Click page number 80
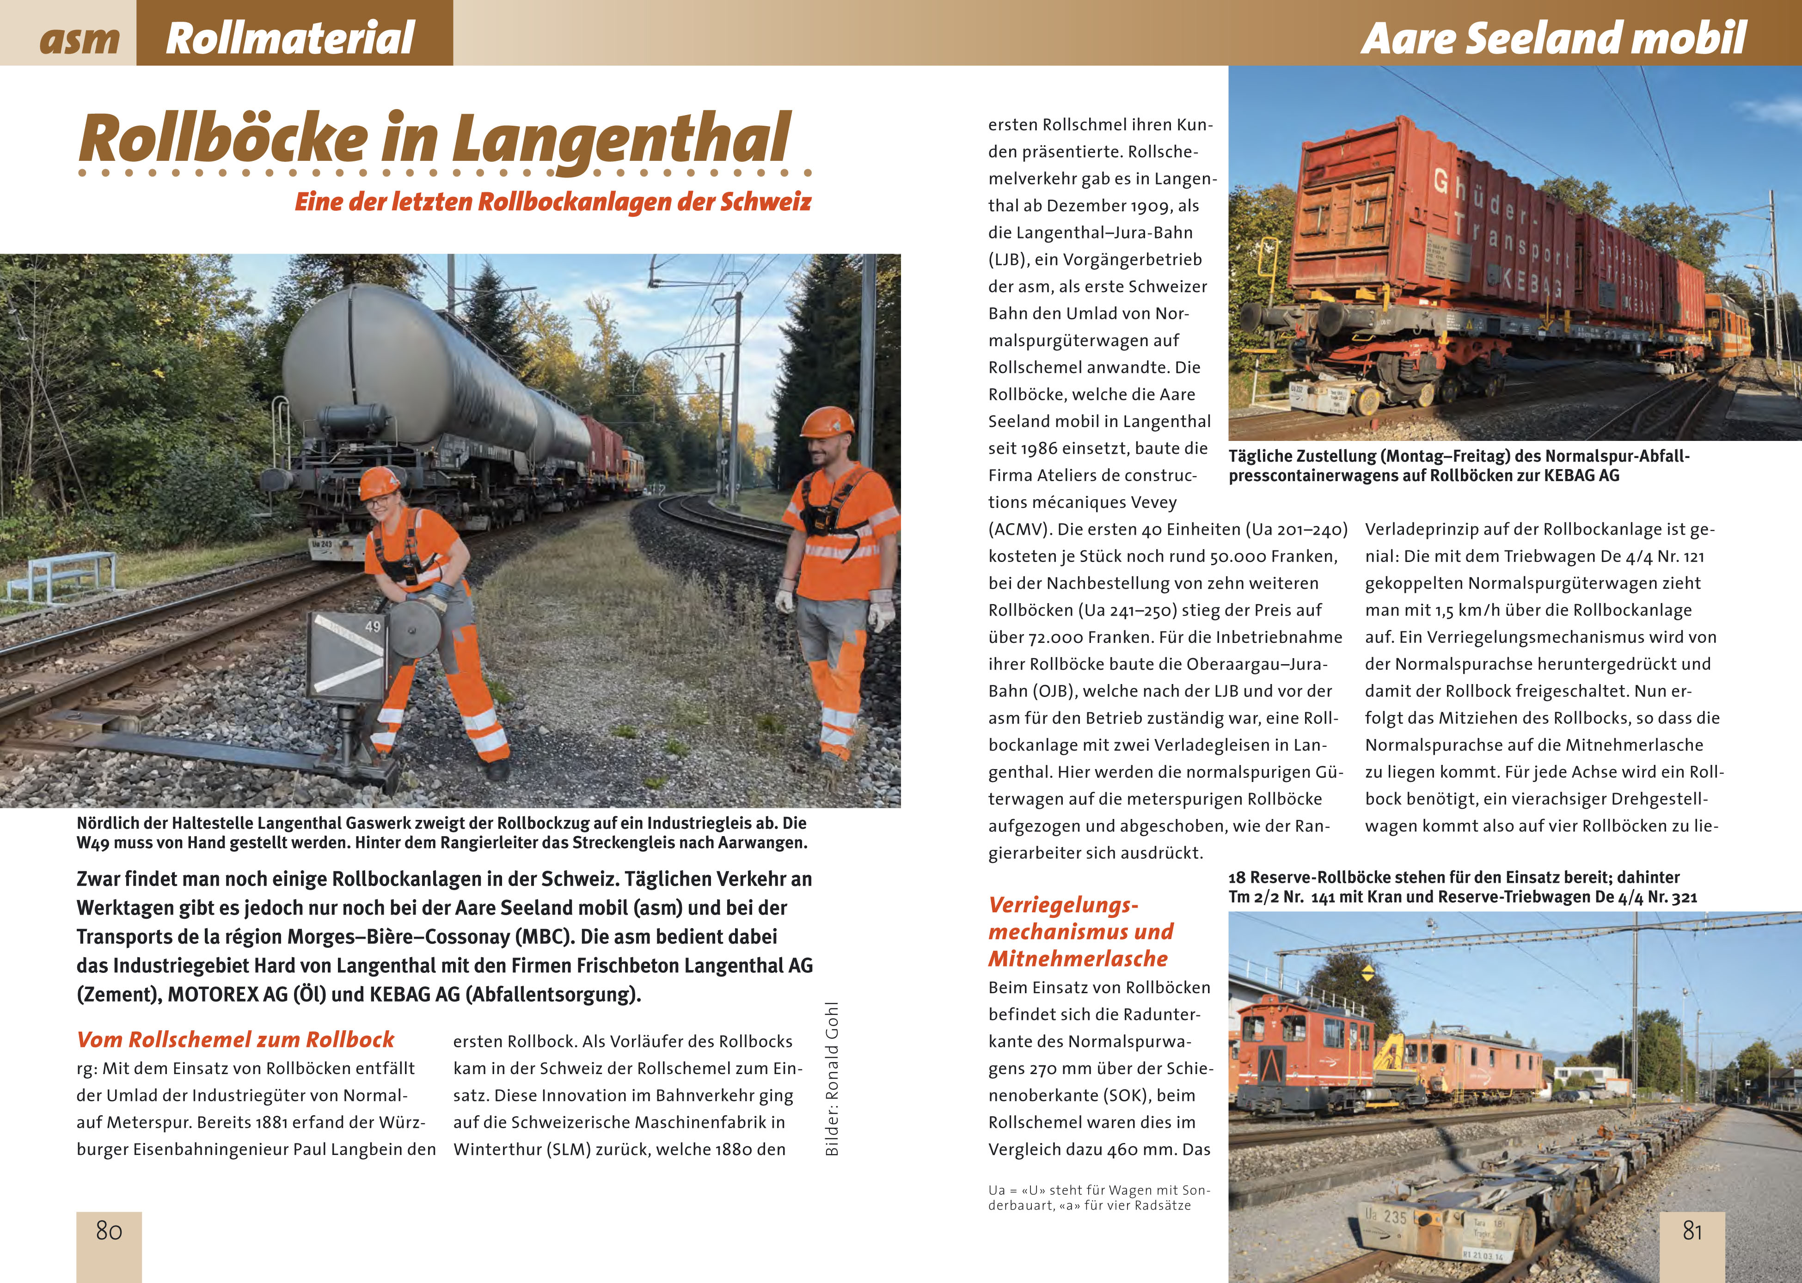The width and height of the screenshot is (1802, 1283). pyautogui.click(x=109, y=1230)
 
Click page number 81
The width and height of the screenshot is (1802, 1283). pyautogui.click(x=1692, y=1230)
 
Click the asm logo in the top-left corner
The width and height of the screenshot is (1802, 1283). pyautogui.click(x=79, y=39)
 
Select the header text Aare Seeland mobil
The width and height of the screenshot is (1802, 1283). pyautogui.click(x=1552, y=38)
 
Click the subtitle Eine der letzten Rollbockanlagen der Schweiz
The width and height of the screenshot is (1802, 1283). pyautogui.click(x=552, y=202)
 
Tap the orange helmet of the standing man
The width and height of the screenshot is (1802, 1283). pyautogui.click(x=827, y=423)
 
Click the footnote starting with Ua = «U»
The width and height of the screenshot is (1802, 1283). pyautogui.click(x=1098, y=1197)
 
